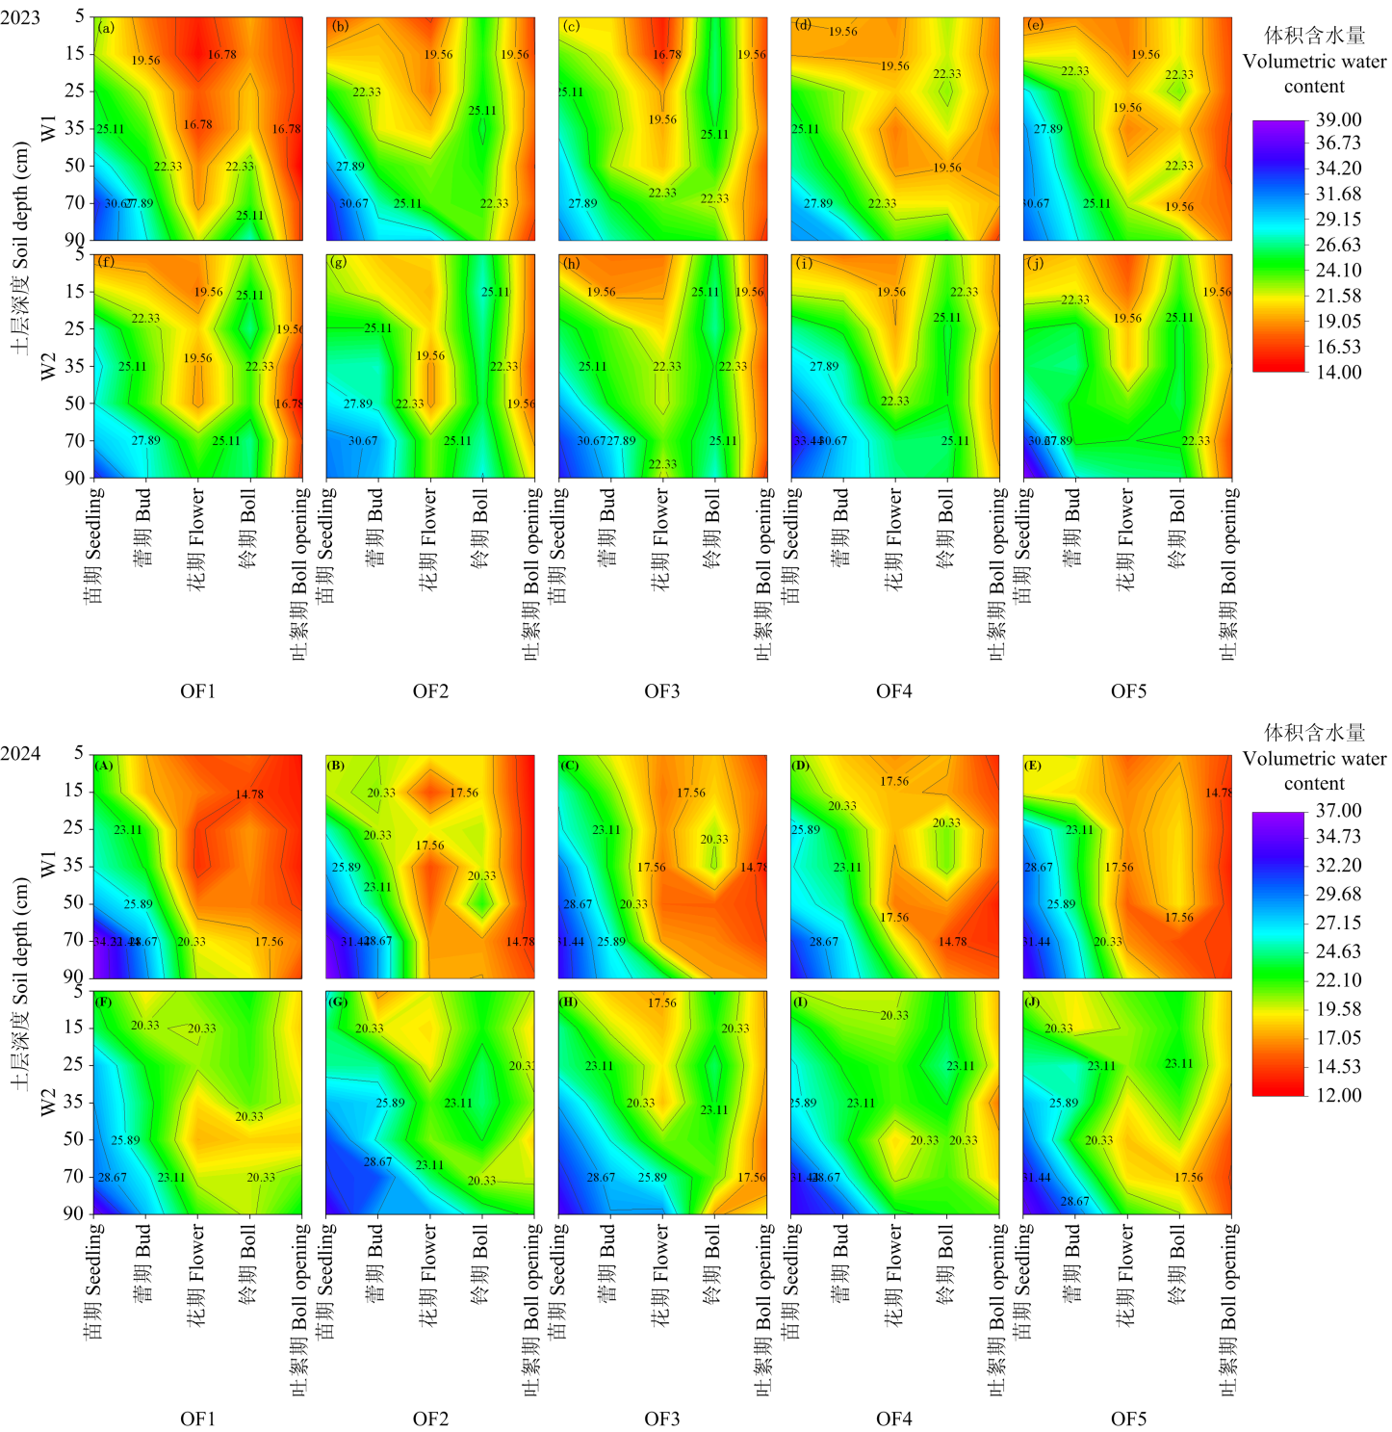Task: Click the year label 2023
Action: (20, 18)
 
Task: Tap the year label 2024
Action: (20, 754)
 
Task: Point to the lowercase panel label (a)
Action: (106, 27)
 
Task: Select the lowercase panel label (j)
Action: (1036, 263)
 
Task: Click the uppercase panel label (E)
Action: (1033, 766)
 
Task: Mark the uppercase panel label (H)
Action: (569, 1002)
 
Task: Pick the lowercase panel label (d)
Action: (803, 25)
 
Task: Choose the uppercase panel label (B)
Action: (336, 766)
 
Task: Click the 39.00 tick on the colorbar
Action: (1338, 120)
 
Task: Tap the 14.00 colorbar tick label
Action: (1338, 373)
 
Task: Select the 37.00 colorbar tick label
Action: (1338, 811)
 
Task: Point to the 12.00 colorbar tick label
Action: (1338, 1095)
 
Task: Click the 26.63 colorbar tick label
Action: (1338, 246)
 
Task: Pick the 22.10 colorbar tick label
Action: (1338, 980)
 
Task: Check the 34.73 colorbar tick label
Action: (1338, 837)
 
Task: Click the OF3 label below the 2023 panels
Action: (662, 691)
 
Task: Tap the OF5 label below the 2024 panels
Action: (1128, 1419)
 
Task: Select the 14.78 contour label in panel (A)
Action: (249, 794)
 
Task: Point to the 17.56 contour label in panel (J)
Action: (1188, 1177)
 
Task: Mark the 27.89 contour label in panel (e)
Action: (1048, 129)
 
